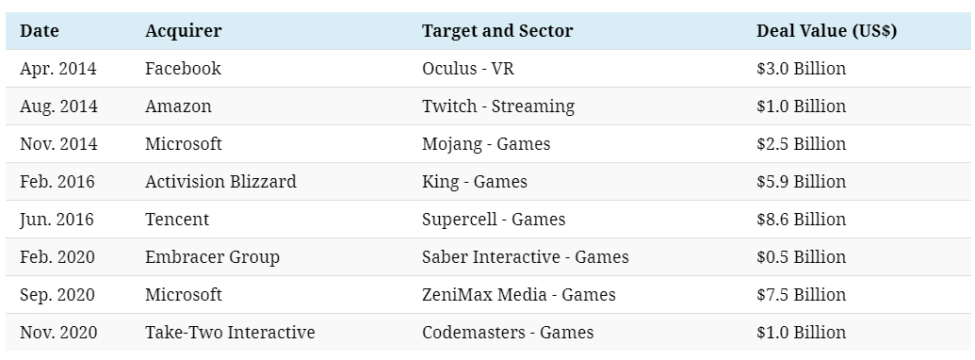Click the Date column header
tap(40, 30)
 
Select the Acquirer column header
tap(183, 30)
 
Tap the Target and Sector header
tap(497, 30)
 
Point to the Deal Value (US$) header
tap(826, 30)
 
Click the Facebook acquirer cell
tap(183, 68)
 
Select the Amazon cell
tap(178, 106)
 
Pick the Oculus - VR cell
tap(467, 68)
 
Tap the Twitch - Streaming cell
tap(498, 106)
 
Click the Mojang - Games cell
tap(486, 143)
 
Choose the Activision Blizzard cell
tap(220, 181)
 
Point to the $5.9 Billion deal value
tap(801, 181)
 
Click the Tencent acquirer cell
tap(176, 219)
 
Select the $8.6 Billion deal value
tap(801, 219)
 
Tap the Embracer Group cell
tap(212, 256)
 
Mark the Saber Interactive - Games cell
tap(526, 256)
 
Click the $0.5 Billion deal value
tap(801, 256)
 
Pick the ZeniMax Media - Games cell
tap(519, 294)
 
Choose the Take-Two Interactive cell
tap(230, 332)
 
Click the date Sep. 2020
tap(57, 295)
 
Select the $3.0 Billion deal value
tap(801, 68)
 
